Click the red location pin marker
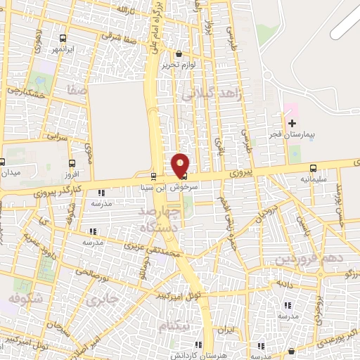point(181,165)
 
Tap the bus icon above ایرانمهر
point(64,39)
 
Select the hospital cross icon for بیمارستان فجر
point(292,123)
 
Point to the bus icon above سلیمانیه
point(314,168)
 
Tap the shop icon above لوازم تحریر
point(179,53)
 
